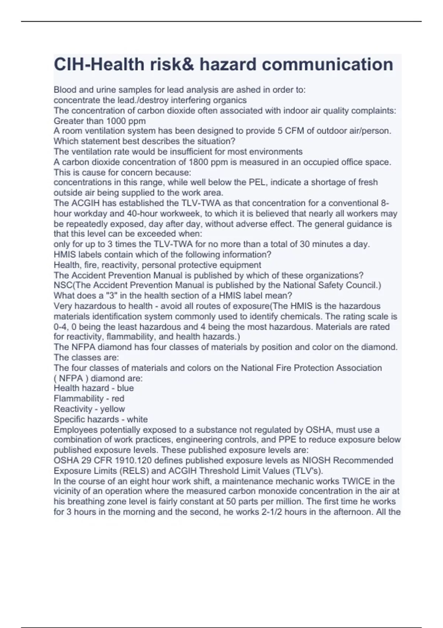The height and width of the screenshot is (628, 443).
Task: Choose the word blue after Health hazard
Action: (125, 388)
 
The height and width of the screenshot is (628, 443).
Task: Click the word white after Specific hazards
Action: (137, 419)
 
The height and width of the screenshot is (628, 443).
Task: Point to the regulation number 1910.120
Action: (128, 460)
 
